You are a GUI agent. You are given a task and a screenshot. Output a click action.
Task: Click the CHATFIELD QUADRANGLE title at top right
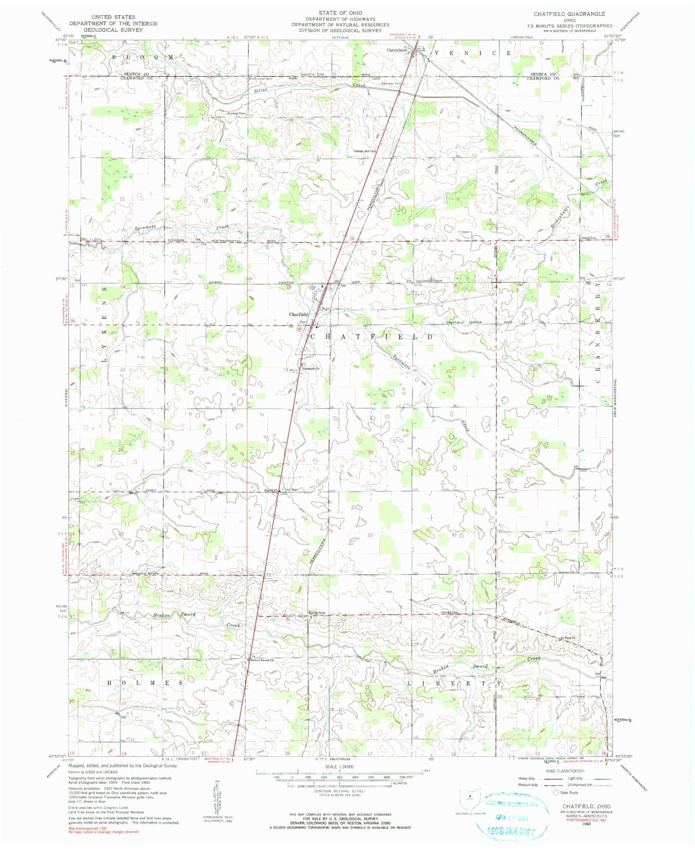[x=569, y=14]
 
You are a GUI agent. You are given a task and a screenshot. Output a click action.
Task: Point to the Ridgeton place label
[x=316, y=612]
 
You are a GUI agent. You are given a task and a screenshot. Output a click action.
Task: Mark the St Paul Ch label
[x=567, y=638]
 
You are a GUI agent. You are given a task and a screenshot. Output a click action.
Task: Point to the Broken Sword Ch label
[x=262, y=660]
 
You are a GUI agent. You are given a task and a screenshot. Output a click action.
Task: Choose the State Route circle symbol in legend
[x=556, y=792]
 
